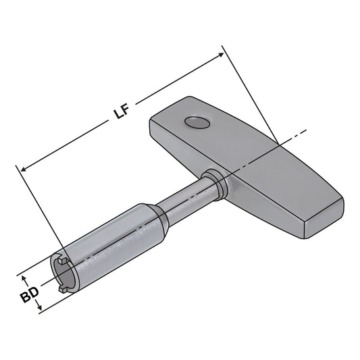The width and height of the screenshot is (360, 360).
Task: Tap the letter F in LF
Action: tap(126, 110)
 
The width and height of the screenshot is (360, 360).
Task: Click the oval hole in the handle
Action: tap(197, 122)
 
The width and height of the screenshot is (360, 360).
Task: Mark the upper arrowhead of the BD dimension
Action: tap(25, 277)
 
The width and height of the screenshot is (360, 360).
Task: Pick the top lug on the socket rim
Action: tap(60, 259)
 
